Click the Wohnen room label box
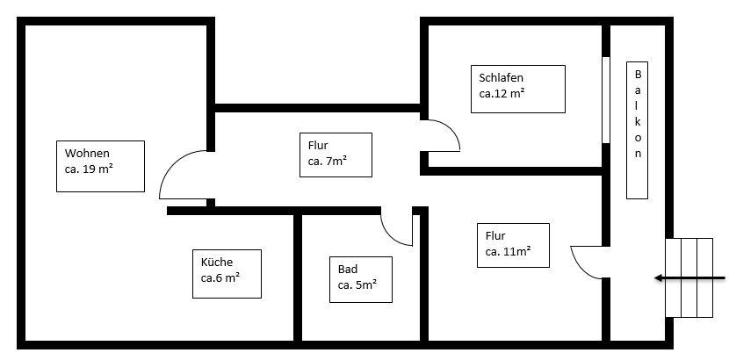pyautogui.click(x=100, y=166)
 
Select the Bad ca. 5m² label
pyautogui.click(x=360, y=279)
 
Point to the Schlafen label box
pyautogui.click(x=517, y=89)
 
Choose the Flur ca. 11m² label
pyautogui.click(x=513, y=245)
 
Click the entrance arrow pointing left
pyautogui.click(x=689, y=279)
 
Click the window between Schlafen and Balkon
pyautogui.click(x=605, y=98)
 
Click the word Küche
pyautogui.click(x=217, y=262)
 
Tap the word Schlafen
pyautogui.click(x=502, y=77)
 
